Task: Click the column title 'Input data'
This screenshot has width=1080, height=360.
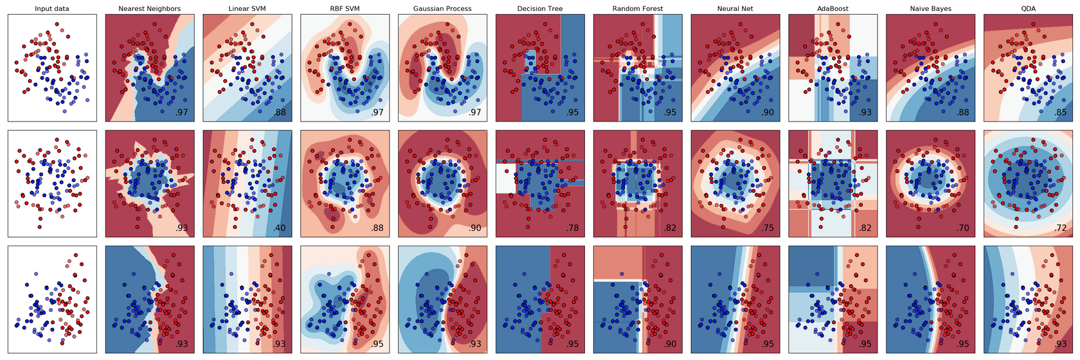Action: pyautogui.click(x=52, y=9)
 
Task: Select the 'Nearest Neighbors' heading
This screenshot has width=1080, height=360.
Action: pyautogui.click(x=150, y=9)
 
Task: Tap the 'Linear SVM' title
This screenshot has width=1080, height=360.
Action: pyautogui.click(x=248, y=9)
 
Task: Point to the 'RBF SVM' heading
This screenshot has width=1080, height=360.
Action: pyautogui.click(x=345, y=9)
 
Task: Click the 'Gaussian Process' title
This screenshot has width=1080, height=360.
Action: pyautogui.click(x=442, y=9)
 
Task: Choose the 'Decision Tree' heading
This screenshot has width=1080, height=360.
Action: pyautogui.click(x=540, y=9)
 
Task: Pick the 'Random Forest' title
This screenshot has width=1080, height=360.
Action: pyautogui.click(x=638, y=9)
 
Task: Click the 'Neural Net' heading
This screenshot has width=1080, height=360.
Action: pyautogui.click(x=735, y=9)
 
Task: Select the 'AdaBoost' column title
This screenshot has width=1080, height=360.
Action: pyautogui.click(x=833, y=9)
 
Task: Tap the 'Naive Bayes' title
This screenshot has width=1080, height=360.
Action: pyautogui.click(x=930, y=9)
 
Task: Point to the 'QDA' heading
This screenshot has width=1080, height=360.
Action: pyautogui.click(x=1028, y=9)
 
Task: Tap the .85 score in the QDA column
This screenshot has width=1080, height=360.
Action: pyautogui.click(x=1060, y=113)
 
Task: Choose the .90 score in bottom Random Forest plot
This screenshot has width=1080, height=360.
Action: pyautogui.click(x=670, y=345)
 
